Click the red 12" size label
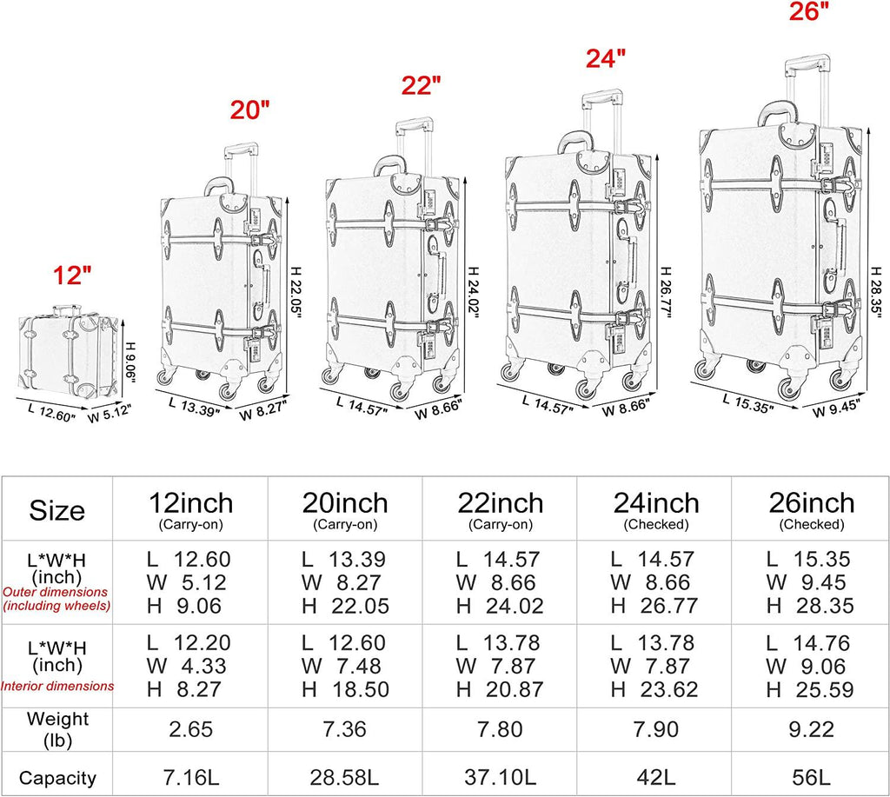click(72, 276)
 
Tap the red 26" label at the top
click(809, 10)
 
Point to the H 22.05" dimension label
click(296, 293)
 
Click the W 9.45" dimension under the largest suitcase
click(837, 408)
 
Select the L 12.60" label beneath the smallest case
click(51, 412)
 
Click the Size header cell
click(56, 510)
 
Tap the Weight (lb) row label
click(57, 729)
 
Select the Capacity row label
click(57, 778)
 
